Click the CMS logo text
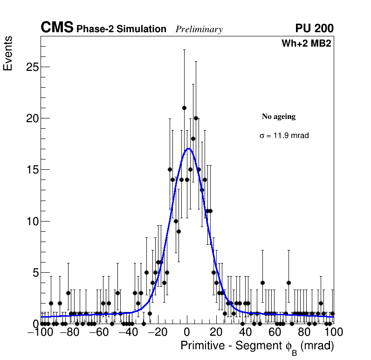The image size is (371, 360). (x=57, y=28)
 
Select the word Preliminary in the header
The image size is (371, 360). (x=199, y=29)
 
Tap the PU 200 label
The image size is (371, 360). (x=314, y=28)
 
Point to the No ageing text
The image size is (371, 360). (x=279, y=117)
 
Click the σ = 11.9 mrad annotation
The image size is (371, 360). (x=284, y=136)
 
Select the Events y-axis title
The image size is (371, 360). (x=8, y=54)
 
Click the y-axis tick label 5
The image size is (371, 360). (x=34, y=272)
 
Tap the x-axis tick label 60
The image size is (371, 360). (x=275, y=332)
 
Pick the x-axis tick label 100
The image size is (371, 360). (x=333, y=332)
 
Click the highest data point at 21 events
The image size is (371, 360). (x=184, y=108)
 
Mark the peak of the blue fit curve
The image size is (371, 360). (x=188, y=149)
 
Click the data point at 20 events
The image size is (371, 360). (x=196, y=118)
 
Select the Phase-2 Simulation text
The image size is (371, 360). (x=121, y=29)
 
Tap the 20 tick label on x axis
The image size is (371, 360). (x=216, y=332)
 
